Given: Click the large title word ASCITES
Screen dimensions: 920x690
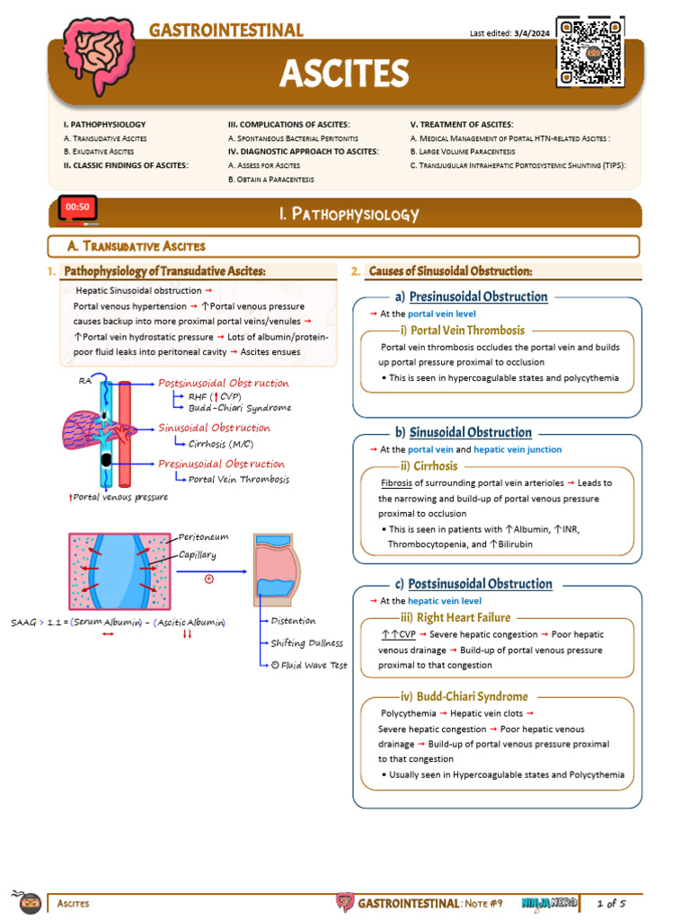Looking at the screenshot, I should (344, 73).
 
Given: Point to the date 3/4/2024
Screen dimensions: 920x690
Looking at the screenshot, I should (530, 34).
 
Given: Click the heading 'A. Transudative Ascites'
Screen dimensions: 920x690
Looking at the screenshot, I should (137, 246).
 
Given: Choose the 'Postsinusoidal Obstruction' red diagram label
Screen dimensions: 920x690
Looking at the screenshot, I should (224, 384).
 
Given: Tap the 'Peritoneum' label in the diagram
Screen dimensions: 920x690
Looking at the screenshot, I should (204, 536).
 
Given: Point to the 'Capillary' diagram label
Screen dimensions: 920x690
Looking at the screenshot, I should (198, 554).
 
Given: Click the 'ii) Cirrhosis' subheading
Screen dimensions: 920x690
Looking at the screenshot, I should (429, 466).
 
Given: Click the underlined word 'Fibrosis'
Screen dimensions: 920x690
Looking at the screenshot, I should (396, 482).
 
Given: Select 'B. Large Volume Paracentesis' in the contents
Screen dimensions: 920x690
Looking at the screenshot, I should (472, 152).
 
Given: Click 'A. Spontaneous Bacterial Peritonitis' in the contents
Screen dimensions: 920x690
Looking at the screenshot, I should (293, 138).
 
